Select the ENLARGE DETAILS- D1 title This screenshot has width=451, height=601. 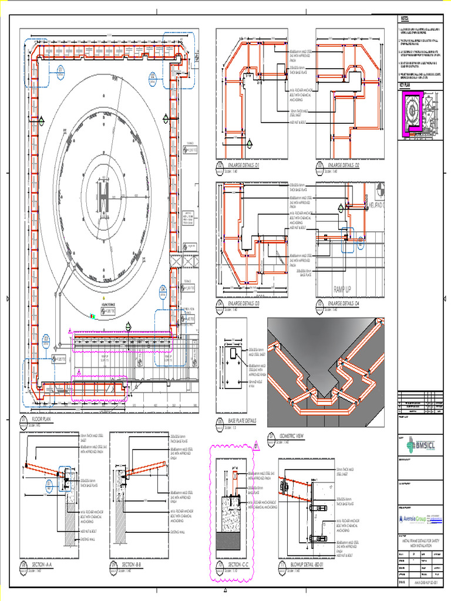click(245, 166)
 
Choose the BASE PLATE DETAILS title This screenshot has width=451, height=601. click(243, 421)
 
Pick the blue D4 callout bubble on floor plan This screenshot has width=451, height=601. click(163, 291)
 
